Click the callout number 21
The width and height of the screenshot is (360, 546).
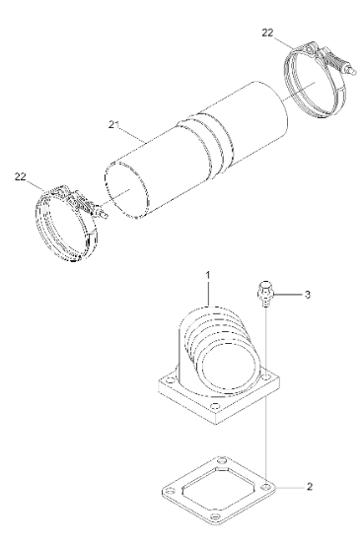113,124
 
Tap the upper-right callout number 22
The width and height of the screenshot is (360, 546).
267,33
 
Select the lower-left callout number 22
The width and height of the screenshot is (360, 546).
20,176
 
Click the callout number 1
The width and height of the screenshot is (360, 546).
208,275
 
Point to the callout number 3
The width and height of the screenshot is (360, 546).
307,295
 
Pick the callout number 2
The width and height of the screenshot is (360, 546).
310,487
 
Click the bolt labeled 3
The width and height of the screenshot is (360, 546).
265,294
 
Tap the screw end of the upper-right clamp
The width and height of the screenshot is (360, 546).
352,71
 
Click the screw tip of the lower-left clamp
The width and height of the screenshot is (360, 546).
104,215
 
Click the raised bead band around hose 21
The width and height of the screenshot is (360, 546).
204,143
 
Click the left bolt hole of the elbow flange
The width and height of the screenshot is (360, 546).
170,380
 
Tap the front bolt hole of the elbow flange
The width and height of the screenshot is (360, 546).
215,406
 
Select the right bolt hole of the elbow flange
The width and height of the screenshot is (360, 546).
266,376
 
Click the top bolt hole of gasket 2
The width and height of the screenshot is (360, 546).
221,461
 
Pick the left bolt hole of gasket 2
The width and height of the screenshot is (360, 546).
170,492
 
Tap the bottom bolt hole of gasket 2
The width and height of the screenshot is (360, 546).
215,515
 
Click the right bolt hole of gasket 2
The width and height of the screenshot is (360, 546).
266,486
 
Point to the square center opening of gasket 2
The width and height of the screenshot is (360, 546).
218,488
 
